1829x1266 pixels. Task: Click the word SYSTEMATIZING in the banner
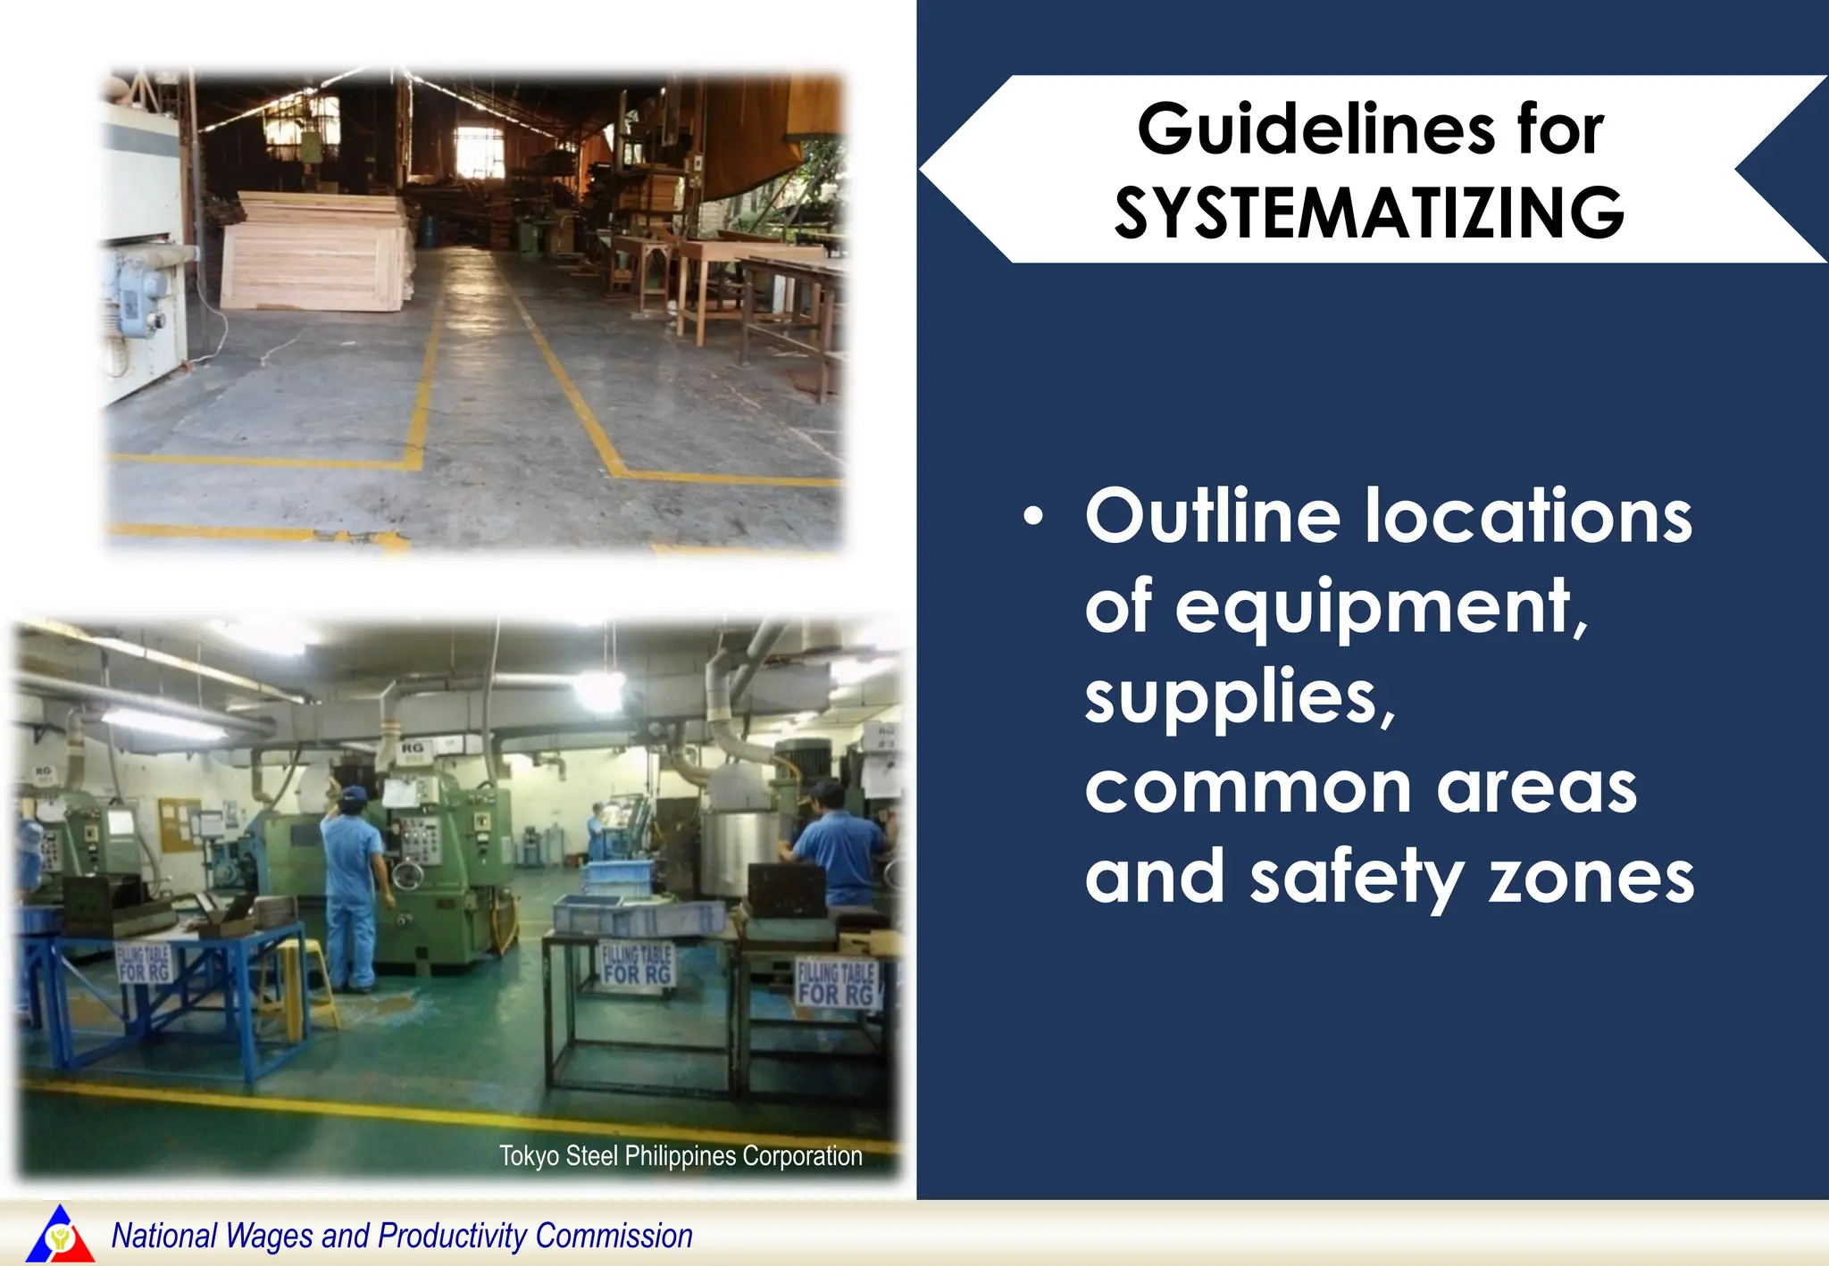pos(1369,213)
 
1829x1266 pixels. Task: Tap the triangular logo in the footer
pos(60,1235)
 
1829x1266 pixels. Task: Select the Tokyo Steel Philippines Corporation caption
pos(681,1155)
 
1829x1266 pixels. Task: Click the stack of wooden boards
pos(316,253)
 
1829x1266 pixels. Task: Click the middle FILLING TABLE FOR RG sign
pos(637,964)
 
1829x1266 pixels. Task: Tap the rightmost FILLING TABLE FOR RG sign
pos(836,982)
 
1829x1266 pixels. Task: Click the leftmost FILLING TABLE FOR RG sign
pos(144,963)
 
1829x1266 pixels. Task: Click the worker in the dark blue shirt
pos(840,848)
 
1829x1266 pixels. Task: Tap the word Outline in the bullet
pos(1213,517)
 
